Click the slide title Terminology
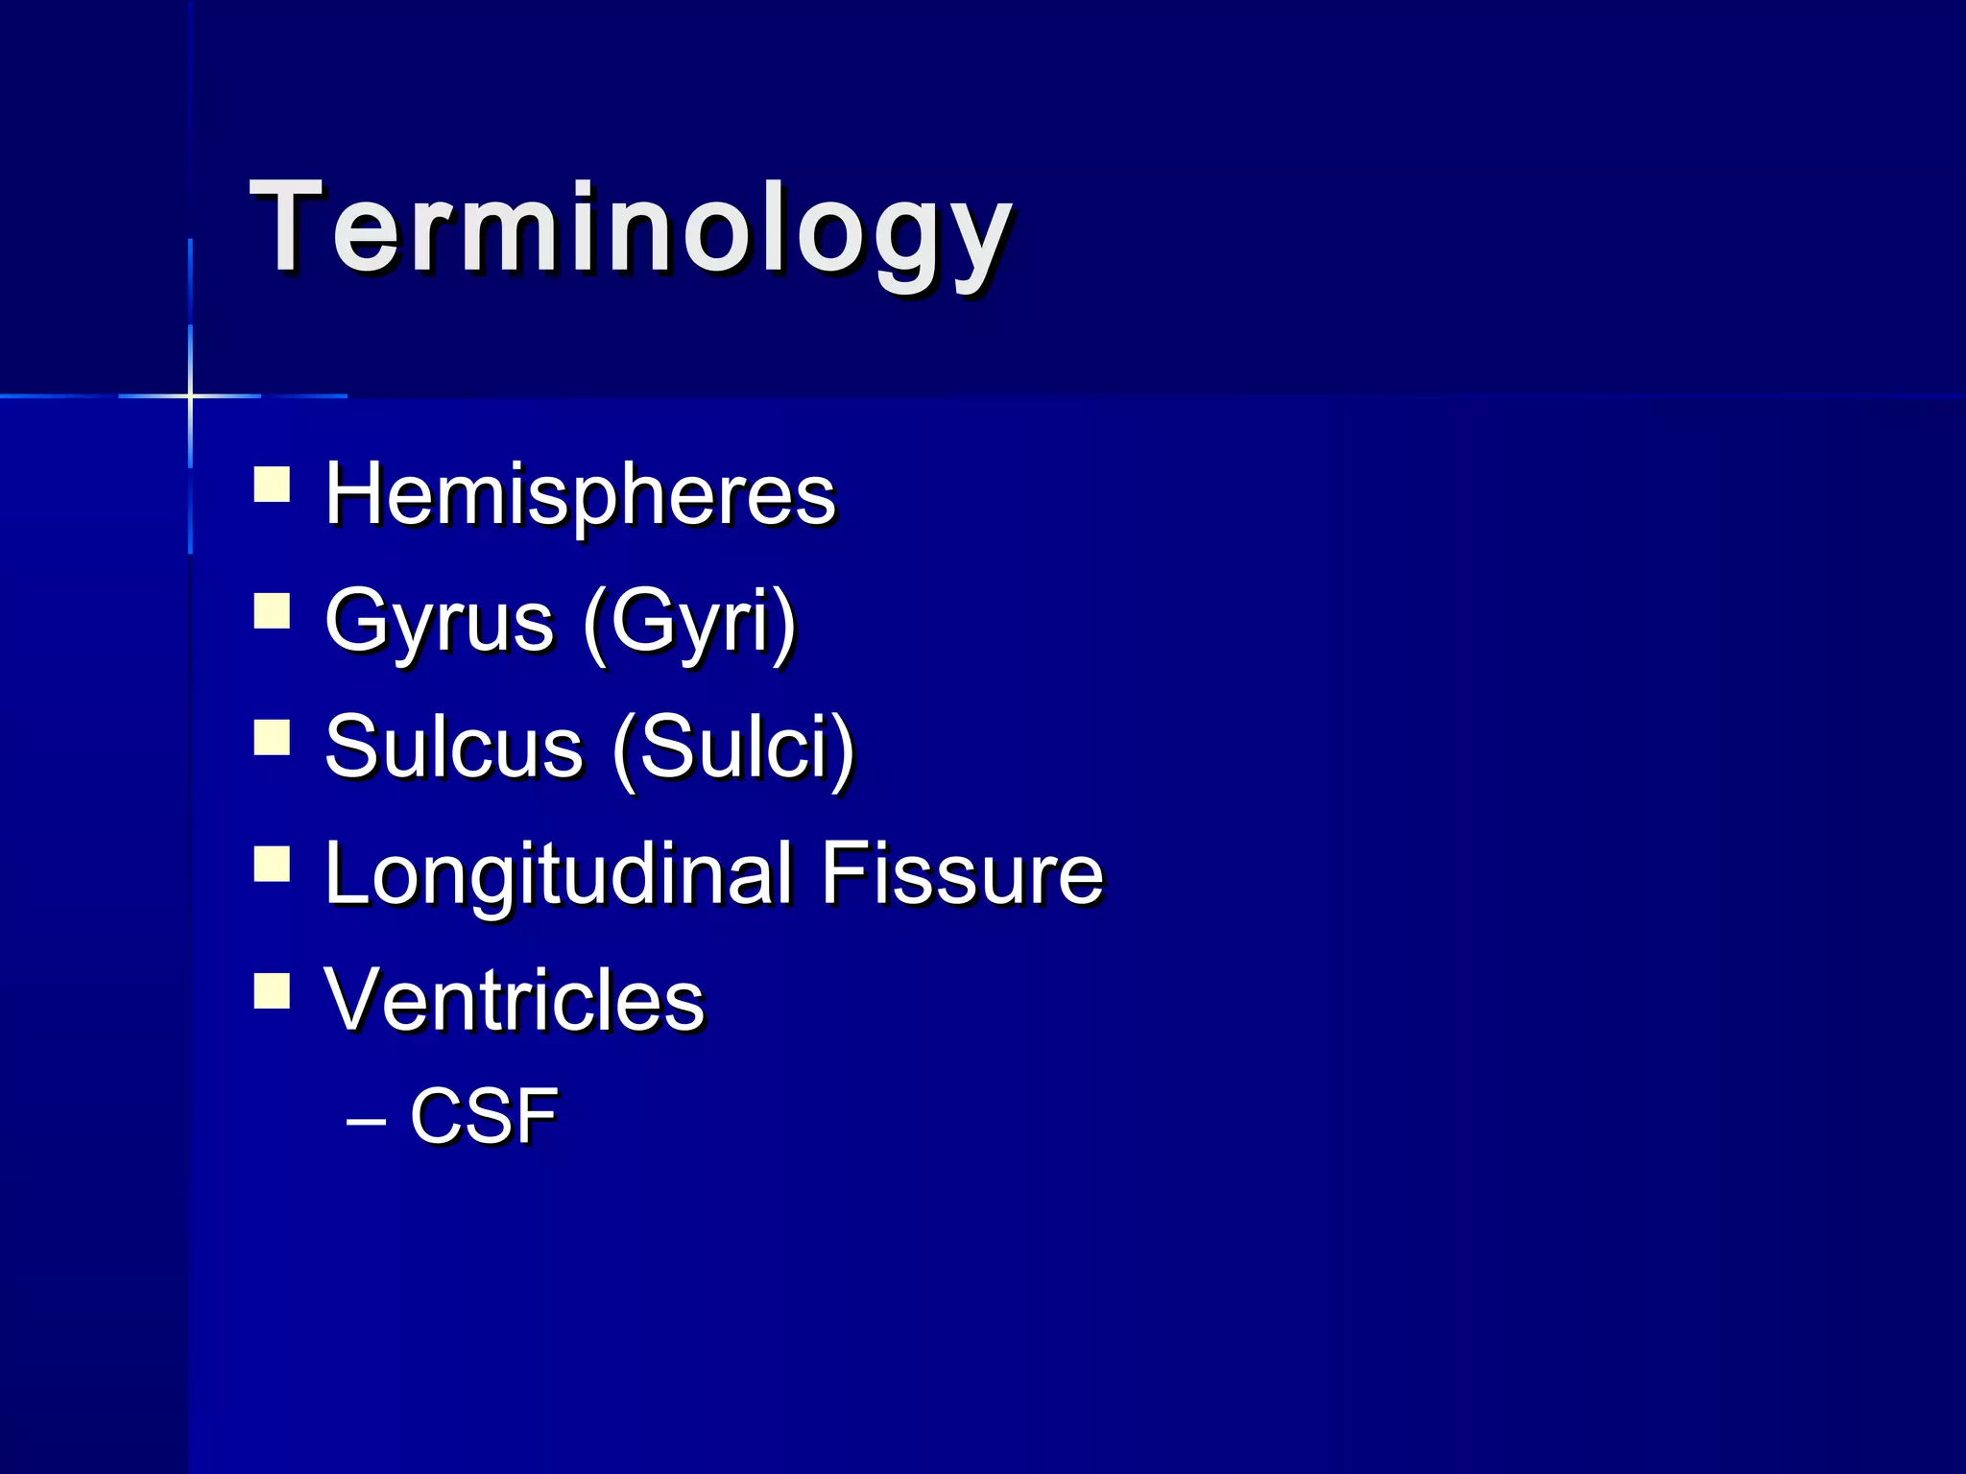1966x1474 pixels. [630, 230]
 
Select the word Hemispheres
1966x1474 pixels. [580, 495]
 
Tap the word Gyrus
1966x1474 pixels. [440, 622]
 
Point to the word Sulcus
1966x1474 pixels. [453, 748]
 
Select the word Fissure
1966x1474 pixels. [961, 874]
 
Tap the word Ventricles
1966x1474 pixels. [515, 1000]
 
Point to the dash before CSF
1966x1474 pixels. [365, 1120]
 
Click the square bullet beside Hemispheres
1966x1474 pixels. [272, 485]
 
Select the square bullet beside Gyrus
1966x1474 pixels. [272, 611]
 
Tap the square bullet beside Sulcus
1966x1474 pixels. [272, 738]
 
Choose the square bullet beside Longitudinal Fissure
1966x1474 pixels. [272, 864]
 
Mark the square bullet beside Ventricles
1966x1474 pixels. [272, 990]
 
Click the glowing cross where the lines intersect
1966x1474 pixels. [190, 395]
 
